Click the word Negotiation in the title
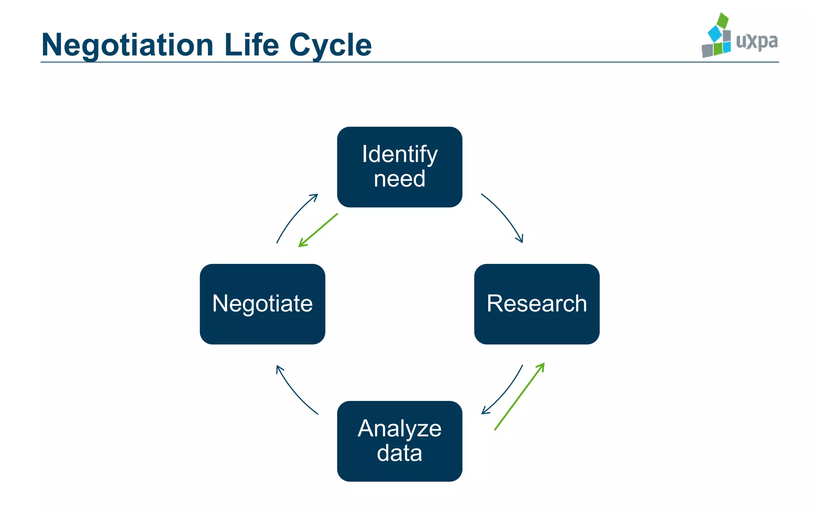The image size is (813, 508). pos(127,45)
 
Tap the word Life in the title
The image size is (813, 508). pos(251,45)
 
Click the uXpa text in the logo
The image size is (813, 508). pos(757,41)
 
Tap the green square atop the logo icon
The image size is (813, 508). pos(723,20)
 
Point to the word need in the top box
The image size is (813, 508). pos(399,179)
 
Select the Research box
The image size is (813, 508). pos(537,304)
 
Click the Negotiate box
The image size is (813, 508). pos(262,304)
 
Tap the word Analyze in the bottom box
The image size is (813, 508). pos(399,429)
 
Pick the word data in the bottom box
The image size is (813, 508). pos(399,453)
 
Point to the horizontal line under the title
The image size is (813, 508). pos(409,62)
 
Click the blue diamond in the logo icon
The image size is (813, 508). pos(715,34)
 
